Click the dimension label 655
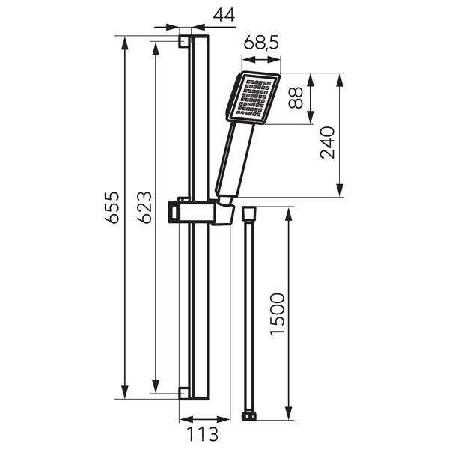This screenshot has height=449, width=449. tap(111, 216)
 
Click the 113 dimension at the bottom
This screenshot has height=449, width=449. tap(202, 434)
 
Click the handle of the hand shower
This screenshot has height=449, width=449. tap(233, 160)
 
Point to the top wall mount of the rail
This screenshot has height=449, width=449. tap(184, 40)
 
